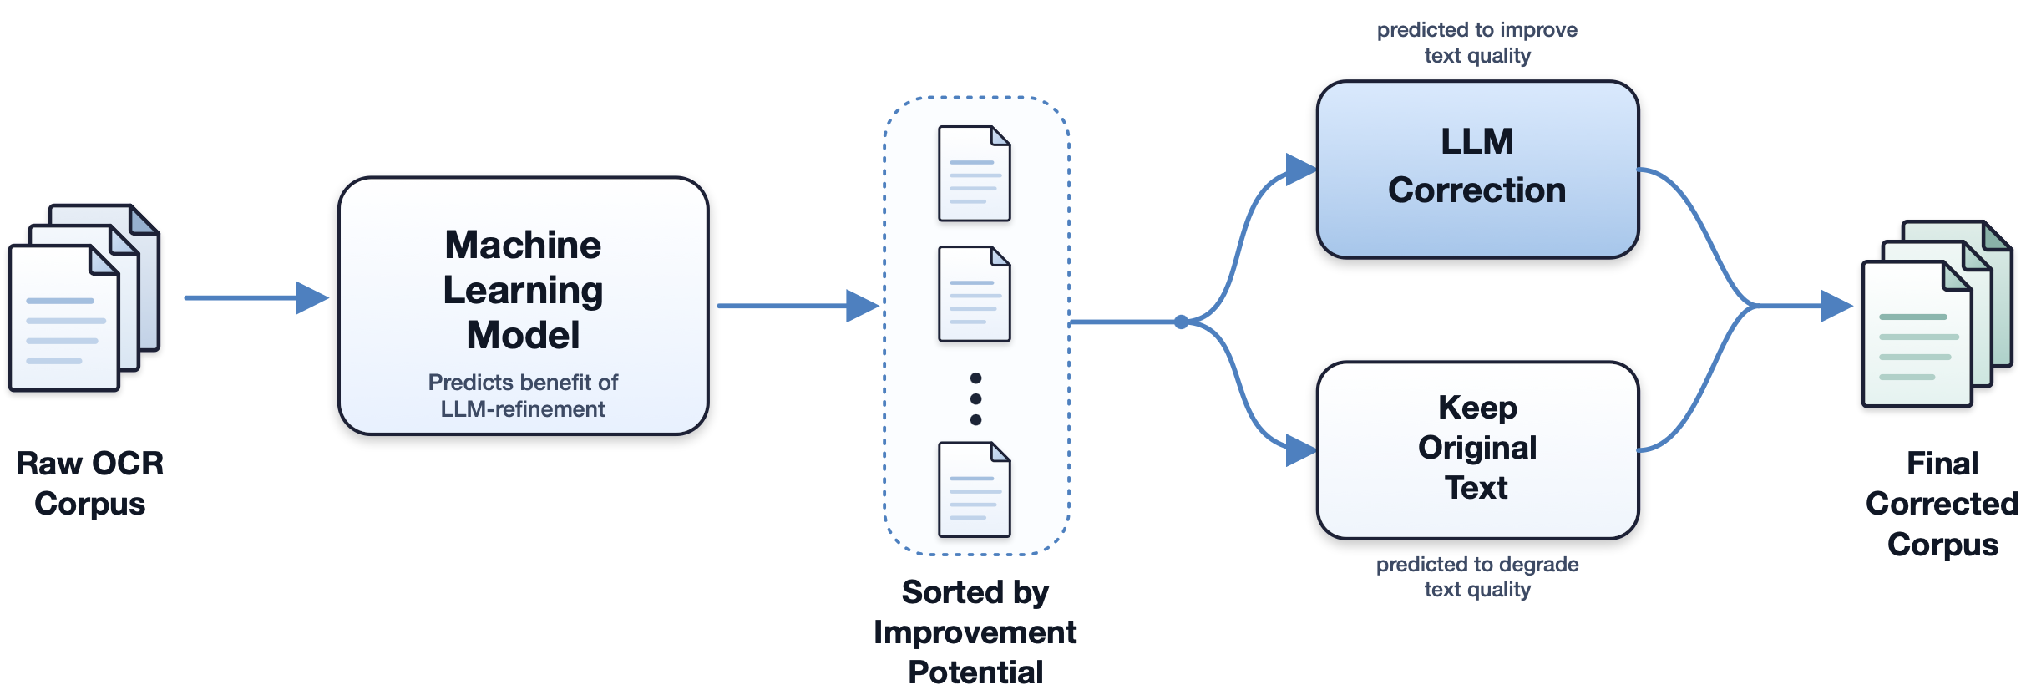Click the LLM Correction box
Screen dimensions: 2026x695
click(1477, 170)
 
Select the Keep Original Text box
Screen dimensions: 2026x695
click(1477, 450)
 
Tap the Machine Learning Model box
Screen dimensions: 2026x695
click(524, 306)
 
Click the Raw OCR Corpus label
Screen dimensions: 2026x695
click(90, 484)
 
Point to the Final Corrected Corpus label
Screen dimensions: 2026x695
click(1942, 504)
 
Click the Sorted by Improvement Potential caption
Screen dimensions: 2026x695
click(975, 632)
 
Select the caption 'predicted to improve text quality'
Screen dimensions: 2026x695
click(1477, 43)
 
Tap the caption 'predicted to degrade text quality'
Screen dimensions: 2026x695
click(1477, 576)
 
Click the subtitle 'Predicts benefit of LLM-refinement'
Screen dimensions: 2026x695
click(524, 395)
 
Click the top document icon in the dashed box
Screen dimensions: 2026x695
click(975, 174)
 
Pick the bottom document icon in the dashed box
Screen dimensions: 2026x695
click(975, 490)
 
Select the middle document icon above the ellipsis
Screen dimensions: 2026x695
click(975, 294)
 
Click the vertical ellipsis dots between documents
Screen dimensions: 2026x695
click(975, 399)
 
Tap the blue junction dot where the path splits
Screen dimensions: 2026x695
click(1181, 322)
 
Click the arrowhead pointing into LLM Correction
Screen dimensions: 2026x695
click(1301, 170)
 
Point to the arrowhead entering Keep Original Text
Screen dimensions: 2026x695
click(1301, 450)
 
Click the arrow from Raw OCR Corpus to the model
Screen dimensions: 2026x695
click(257, 297)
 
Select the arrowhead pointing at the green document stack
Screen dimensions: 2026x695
click(1837, 306)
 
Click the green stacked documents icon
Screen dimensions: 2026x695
click(1937, 314)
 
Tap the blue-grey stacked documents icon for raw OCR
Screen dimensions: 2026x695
click(84, 297)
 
